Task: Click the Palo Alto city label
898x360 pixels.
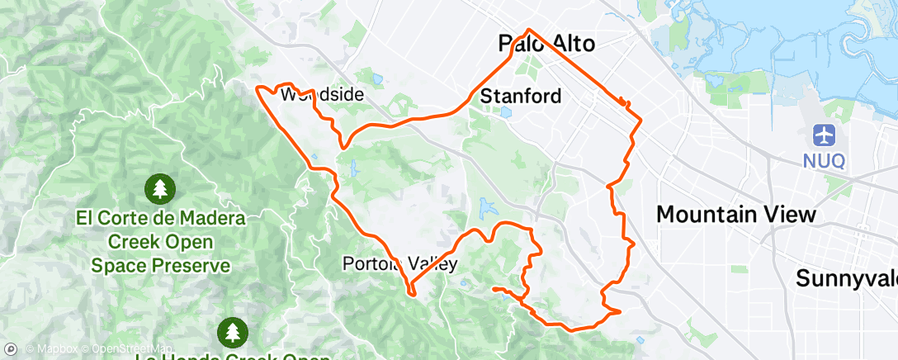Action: pos(547,44)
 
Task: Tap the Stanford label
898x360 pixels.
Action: pos(521,96)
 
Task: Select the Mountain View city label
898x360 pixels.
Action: pos(736,215)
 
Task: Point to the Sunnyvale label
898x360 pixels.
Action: pos(846,278)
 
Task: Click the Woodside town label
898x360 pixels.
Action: pos(322,95)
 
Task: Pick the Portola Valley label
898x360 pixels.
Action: pos(399,264)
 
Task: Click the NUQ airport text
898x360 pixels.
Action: pos(824,160)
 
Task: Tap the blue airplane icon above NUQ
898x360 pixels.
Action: pos(824,135)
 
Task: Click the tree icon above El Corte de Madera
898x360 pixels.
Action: pos(159,189)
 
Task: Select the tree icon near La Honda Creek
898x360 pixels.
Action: pos(232,332)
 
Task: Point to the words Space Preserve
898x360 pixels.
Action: pos(160,266)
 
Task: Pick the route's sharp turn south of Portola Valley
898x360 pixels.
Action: pos(410,291)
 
